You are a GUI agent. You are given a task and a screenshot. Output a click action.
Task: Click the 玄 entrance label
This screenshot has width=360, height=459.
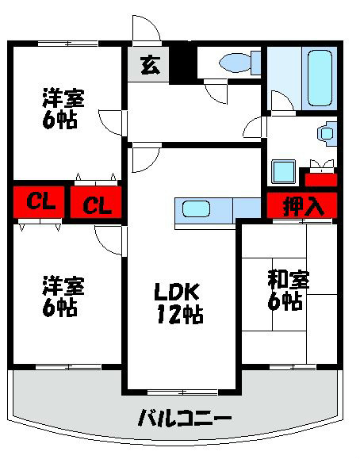pyautogui.click(x=148, y=65)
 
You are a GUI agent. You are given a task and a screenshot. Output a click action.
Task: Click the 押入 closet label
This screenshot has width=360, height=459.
pyautogui.click(x=304, y=206)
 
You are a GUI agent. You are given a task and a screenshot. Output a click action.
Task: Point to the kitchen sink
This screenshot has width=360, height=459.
pyautogui.click(x=196, y=209)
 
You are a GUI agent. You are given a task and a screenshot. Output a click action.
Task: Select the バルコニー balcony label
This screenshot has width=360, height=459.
pyautogui.click(x=183, y=418)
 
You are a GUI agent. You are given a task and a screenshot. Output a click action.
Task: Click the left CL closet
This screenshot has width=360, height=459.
pyautogui.click(x=39, y=202)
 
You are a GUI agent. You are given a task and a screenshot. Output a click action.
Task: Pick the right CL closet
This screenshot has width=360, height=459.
pyautogui.click(x=96, y=205)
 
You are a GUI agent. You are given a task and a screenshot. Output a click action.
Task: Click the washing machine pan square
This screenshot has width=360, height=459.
pyautogui.click(x=283, y=171)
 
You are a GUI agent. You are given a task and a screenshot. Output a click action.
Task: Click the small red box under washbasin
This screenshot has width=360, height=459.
pyautogui.click(x=322, y=179)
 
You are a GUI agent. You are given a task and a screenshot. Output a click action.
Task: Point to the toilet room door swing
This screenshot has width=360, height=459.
pyautogui.click(x=214, y=92)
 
